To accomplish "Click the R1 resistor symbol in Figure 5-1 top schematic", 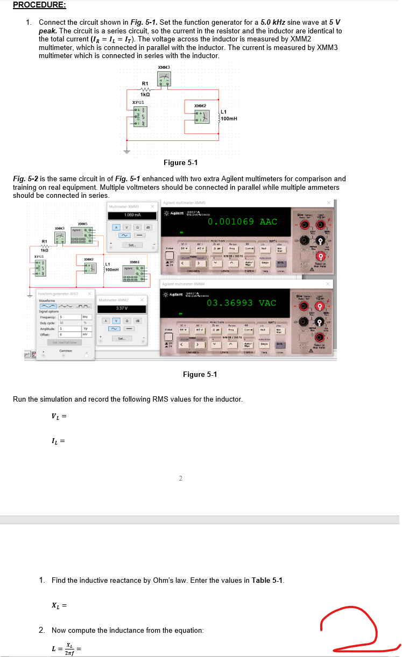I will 144,90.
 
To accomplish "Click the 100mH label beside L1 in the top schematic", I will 229,118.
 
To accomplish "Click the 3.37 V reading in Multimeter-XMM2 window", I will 121,309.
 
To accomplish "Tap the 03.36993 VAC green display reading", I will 242,303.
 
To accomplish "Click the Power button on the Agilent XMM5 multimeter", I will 169,248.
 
